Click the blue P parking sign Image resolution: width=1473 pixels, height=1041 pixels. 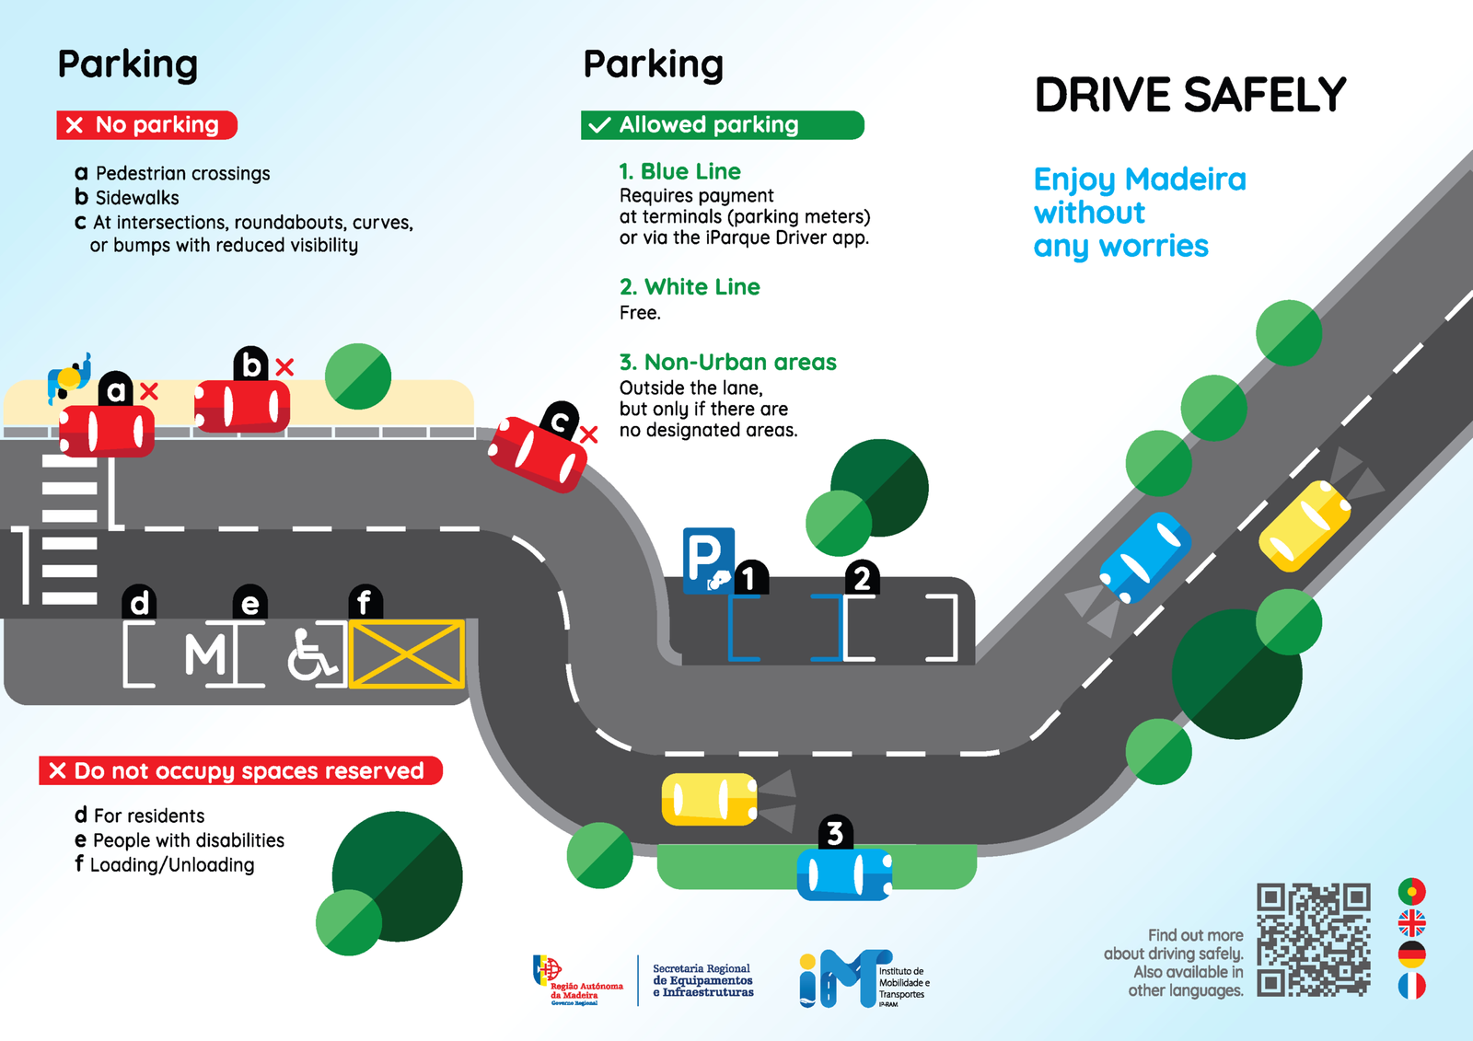tap(708, 560)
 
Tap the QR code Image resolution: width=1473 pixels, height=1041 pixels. tap(1314, 940)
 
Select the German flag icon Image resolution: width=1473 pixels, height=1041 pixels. tap(1411, 954)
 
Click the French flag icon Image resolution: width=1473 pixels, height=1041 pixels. tap(1411, 986)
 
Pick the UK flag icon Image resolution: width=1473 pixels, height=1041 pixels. tap(1411, 922)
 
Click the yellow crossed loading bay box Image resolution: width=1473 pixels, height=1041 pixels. tap(406, 654)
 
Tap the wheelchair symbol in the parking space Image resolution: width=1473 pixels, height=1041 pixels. tap(311, 654)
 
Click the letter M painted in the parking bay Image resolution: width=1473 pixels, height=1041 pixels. tap(204, 655)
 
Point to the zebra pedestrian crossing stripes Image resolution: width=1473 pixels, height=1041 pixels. tap(69, 529)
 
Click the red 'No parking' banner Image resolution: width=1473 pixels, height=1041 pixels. tap(147, 125)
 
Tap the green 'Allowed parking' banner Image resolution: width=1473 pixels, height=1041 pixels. tap(722, 125)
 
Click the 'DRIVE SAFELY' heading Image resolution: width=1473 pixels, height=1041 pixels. tap(1189, 96)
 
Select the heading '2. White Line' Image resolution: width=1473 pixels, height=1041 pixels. tap(690, 287)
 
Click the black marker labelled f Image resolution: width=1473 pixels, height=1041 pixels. tap(365, 603)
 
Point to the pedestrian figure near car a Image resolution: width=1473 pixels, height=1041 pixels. tap(70, 376)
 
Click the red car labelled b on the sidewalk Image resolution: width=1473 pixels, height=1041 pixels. tap(242, 406)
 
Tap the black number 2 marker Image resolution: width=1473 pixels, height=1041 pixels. tap(862, 578)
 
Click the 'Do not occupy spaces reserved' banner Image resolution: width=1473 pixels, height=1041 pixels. tap(240, 770)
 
